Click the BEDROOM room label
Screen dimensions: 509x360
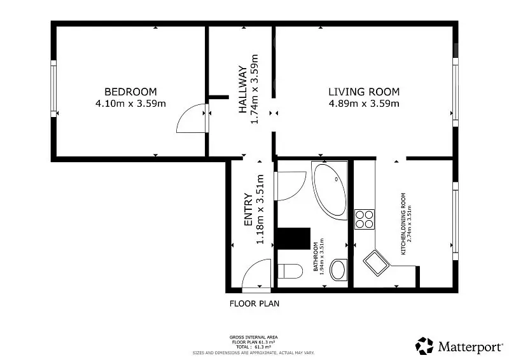(x=130, y=92)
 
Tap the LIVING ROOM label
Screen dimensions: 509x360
(x=364, y=92)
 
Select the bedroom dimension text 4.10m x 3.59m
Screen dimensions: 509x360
(x=130, y=104)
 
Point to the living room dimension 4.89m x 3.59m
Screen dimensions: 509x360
(x=364, y=104)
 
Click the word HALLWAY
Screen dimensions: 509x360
(x=243, y=89)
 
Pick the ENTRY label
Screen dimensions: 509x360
(x=248, y=209)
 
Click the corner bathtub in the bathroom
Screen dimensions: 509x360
(x=330, y=191)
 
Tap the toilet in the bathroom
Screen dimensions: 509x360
(x=290, y=271)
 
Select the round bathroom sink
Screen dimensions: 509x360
(x=338, y=270)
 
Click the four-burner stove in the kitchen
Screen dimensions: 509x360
(x=364, y=219)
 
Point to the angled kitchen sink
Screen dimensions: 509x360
(x=376, y=263)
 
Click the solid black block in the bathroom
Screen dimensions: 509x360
(x=294, y=239)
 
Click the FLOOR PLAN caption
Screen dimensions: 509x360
(x=254, y=304)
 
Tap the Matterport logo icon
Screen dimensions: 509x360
(x=424, y=346)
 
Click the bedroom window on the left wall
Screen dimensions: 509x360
(x=53, y=88)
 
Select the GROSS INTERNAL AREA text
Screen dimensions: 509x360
(x=253, y=338)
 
